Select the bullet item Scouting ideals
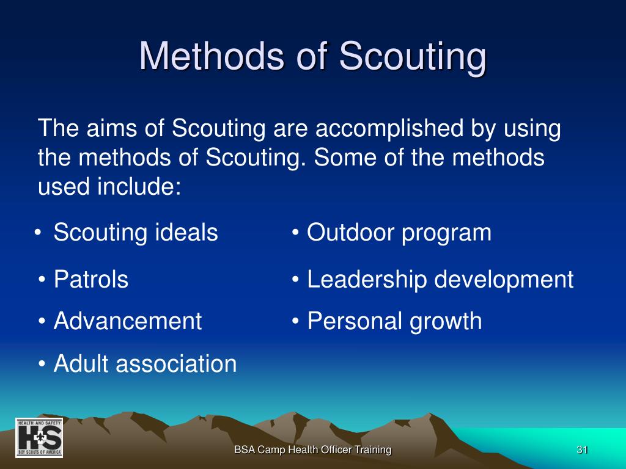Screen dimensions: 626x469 tap(136, 232)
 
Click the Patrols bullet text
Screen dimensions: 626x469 tap(91, 278)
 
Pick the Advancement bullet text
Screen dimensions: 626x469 tap(128, 321)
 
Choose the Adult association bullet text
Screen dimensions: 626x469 tap(145, 363)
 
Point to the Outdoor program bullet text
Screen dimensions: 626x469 tap(399, 233)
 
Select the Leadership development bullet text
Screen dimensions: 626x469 tap(440, 279)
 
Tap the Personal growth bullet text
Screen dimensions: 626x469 tap(394, 321)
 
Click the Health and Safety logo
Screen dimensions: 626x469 tap(39, 437)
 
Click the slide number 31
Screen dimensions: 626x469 tap(582, 450)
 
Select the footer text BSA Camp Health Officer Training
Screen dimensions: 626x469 tap(312, 450)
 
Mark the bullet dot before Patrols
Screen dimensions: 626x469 tap(42, 280)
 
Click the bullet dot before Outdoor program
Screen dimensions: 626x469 tap(295, 232)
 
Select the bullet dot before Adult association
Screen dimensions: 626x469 tap(42, 364)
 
